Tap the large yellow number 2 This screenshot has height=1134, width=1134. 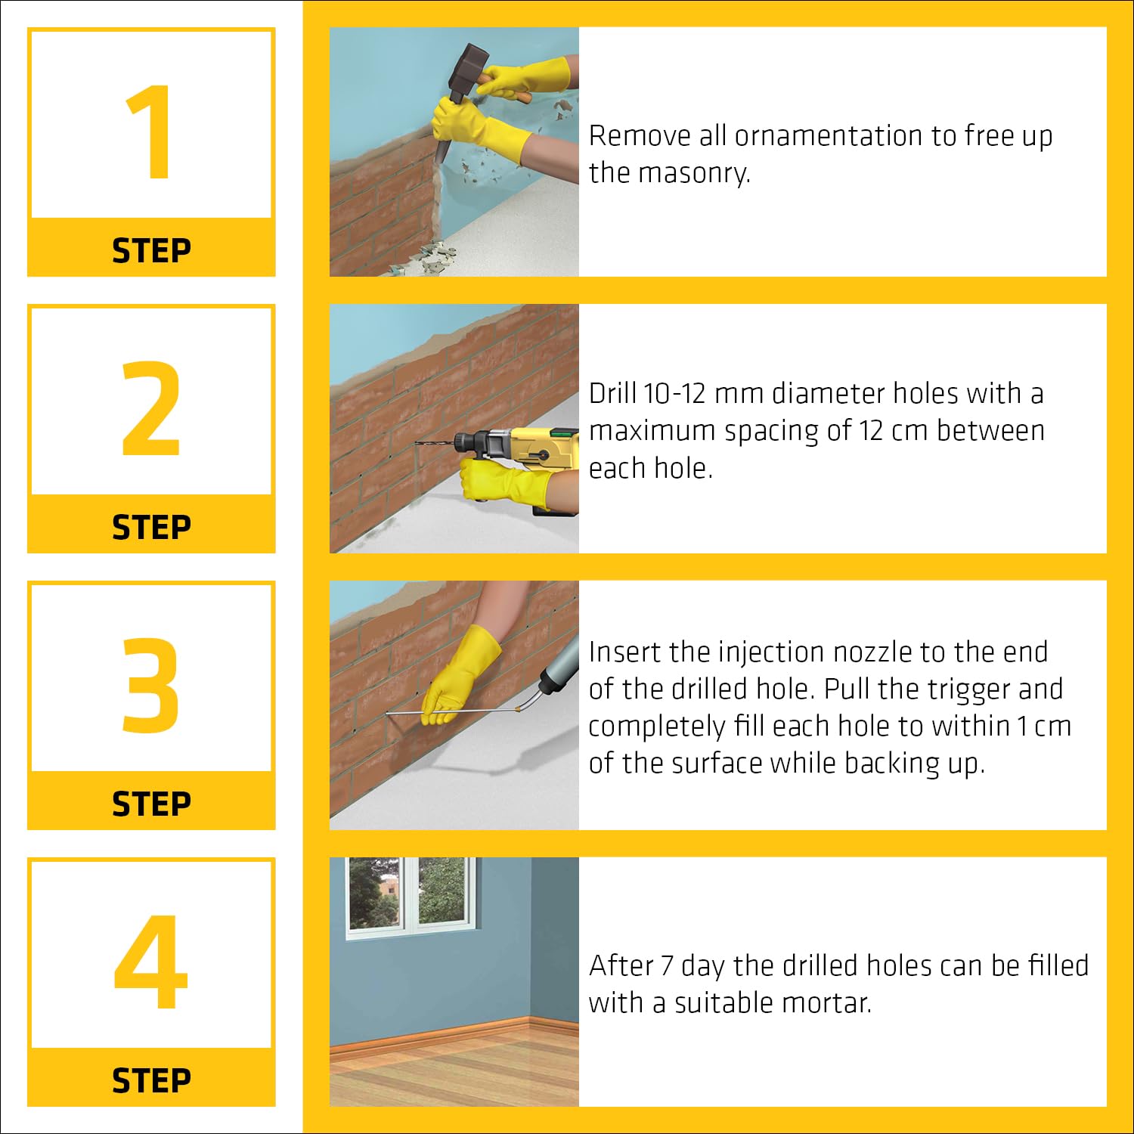pyautogui.click(x=151, y=408)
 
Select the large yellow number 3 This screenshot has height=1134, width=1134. pyautogui.click(x=151, y=685)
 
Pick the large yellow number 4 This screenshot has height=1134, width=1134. pyautogui.click(x=150, y=962)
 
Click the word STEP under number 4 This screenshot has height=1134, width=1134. pyautogui.click(x=151, y=1081)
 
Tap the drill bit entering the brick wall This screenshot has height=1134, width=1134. pyautogui.click(x=435, y=442)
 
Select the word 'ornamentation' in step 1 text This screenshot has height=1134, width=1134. pyautogui.click(x=828, y=136)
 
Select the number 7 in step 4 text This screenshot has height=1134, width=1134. pyautogui.click(x=667, y=966)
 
